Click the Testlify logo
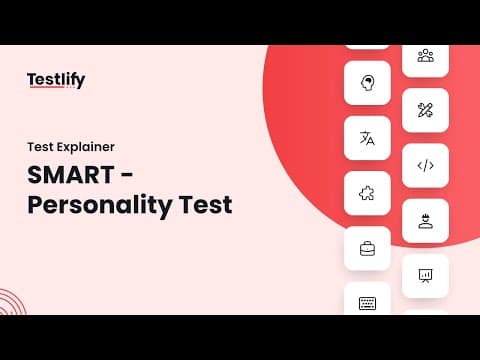tap(56, 80)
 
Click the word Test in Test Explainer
tap(40, 147)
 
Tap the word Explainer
tap(86, 147)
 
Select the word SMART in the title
tap(71, 175)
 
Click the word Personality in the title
tap(100, 206)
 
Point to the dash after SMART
tap(126, 176)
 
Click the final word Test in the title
tap(205, 204)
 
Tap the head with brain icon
tap(367, 83)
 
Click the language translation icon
tap(367, 138)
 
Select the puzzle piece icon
tap(367, 193)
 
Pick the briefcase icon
tap(367, 249)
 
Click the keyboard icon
tap(367, 303)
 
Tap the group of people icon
tap(426, 56)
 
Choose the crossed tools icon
tap(425, 110)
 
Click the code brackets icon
tap(426, 165)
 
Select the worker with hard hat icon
tap(426, 221)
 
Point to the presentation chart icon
tap(425, 276)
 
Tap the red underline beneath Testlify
tap(47, 87)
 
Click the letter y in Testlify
tap(80, 82)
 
